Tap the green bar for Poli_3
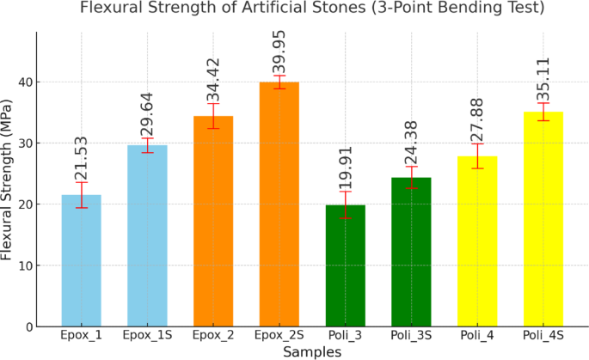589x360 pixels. click(x=345, y=265)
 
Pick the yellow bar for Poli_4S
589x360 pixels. click(x=543, y=219)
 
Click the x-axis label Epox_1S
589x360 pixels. click(x=147, y=335)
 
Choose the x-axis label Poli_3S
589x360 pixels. click(x=412, y=335)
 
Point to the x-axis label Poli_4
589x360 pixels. click(x=477, y=335)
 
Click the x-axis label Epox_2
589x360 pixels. click(x=213, y=335)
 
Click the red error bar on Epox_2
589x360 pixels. click(x=213, y=116)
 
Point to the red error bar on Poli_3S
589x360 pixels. click(x=412, y=177)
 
